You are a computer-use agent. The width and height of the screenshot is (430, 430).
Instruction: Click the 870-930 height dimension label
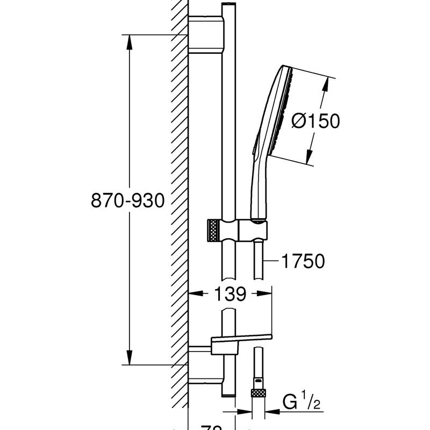[127, 201]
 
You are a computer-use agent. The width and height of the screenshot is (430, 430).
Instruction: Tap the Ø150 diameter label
[316, 121]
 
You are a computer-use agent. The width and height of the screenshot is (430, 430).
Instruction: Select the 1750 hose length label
[303, 262]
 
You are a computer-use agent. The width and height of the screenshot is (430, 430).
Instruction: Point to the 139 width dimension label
[231, 294]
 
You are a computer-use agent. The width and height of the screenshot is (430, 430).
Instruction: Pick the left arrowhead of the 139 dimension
[193, 294]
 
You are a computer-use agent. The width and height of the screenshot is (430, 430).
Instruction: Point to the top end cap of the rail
[228, 5]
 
